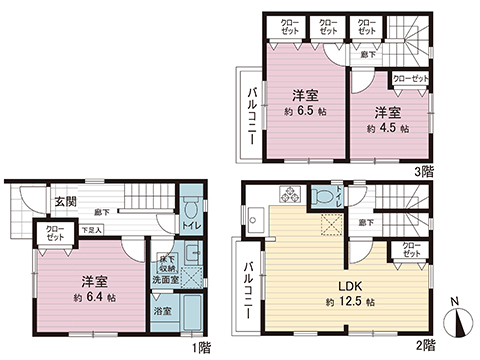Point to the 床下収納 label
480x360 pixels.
point(166,263)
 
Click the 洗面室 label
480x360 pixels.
point(166,281)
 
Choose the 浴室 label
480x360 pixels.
point(162,311)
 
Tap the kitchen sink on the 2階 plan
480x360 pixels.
point(253,214)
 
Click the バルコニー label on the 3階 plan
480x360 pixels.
point(253,112)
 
